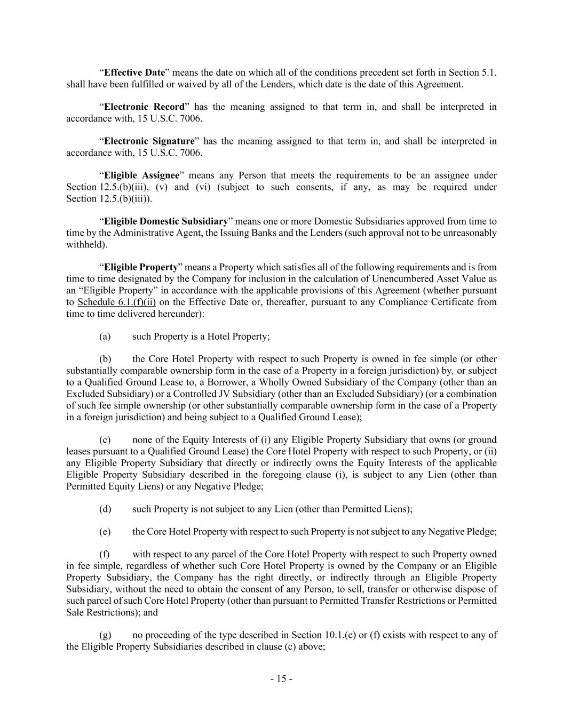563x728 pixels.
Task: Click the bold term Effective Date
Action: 134,73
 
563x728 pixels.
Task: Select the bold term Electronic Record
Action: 144,107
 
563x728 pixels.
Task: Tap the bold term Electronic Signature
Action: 149,141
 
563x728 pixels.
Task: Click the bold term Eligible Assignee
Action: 141,175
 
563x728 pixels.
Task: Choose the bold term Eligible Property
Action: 141,267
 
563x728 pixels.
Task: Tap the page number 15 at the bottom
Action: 281,679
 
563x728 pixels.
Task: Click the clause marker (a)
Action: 105,337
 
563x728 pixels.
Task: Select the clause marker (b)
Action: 105,359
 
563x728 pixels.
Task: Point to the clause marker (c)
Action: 105,440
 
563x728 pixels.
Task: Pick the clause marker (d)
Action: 105,509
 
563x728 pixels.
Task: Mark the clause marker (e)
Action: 105,532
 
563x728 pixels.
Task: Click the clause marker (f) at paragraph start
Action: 105,555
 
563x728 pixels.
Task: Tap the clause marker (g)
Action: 105,635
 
